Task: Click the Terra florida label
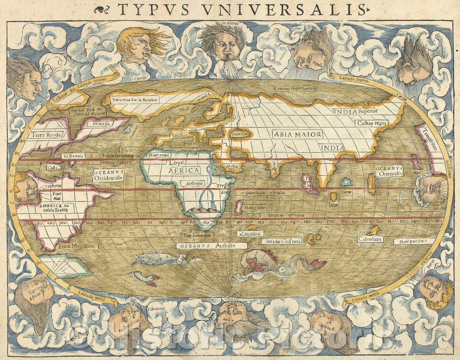(44, 135)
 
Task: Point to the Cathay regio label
(371, 123)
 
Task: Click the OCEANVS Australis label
(211, 246)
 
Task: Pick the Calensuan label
(369, 239)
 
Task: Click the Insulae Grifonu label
(284, 241)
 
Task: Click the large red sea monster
(264, 262)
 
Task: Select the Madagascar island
(239, 208)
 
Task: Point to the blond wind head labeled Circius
(135, 46)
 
